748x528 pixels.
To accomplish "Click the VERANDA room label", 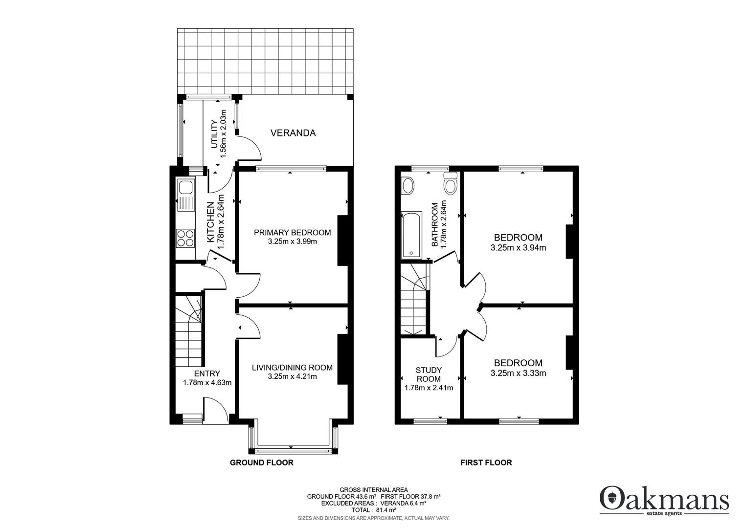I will tap(293, 133).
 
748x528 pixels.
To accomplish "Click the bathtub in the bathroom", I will tap(411, 235).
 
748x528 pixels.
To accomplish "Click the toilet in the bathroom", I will tap(450, 183).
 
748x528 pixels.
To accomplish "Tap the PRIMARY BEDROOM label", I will tap(292, 233).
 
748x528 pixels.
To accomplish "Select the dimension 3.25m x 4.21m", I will tap(292, 376).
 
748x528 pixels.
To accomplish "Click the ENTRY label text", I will tap(207, 374).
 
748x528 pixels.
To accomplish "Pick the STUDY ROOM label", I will tap(429, 374).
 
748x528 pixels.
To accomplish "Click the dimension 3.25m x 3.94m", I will tap(518, 248).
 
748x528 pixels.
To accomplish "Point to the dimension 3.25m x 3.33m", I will tap(518, 373).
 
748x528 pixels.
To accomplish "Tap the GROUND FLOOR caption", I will tap(262, 462).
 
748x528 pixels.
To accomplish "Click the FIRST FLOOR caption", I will tap(486, 462).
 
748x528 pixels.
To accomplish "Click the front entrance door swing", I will tap(215, 410).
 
